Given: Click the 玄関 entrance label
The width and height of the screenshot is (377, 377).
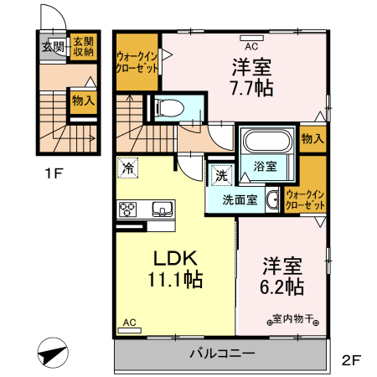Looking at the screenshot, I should [52, 47].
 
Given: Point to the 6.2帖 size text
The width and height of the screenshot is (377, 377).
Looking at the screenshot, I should [281, 286].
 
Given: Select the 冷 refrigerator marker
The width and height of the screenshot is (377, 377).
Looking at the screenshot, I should [128, 167].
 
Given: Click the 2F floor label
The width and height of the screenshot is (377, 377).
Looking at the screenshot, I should [350, 361].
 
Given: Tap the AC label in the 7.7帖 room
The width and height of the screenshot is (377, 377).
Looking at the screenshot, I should [250, 36].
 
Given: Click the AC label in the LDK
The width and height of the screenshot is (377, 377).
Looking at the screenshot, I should [129, 322].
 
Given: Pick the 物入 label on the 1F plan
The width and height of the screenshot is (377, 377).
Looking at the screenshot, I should [82, 101].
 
